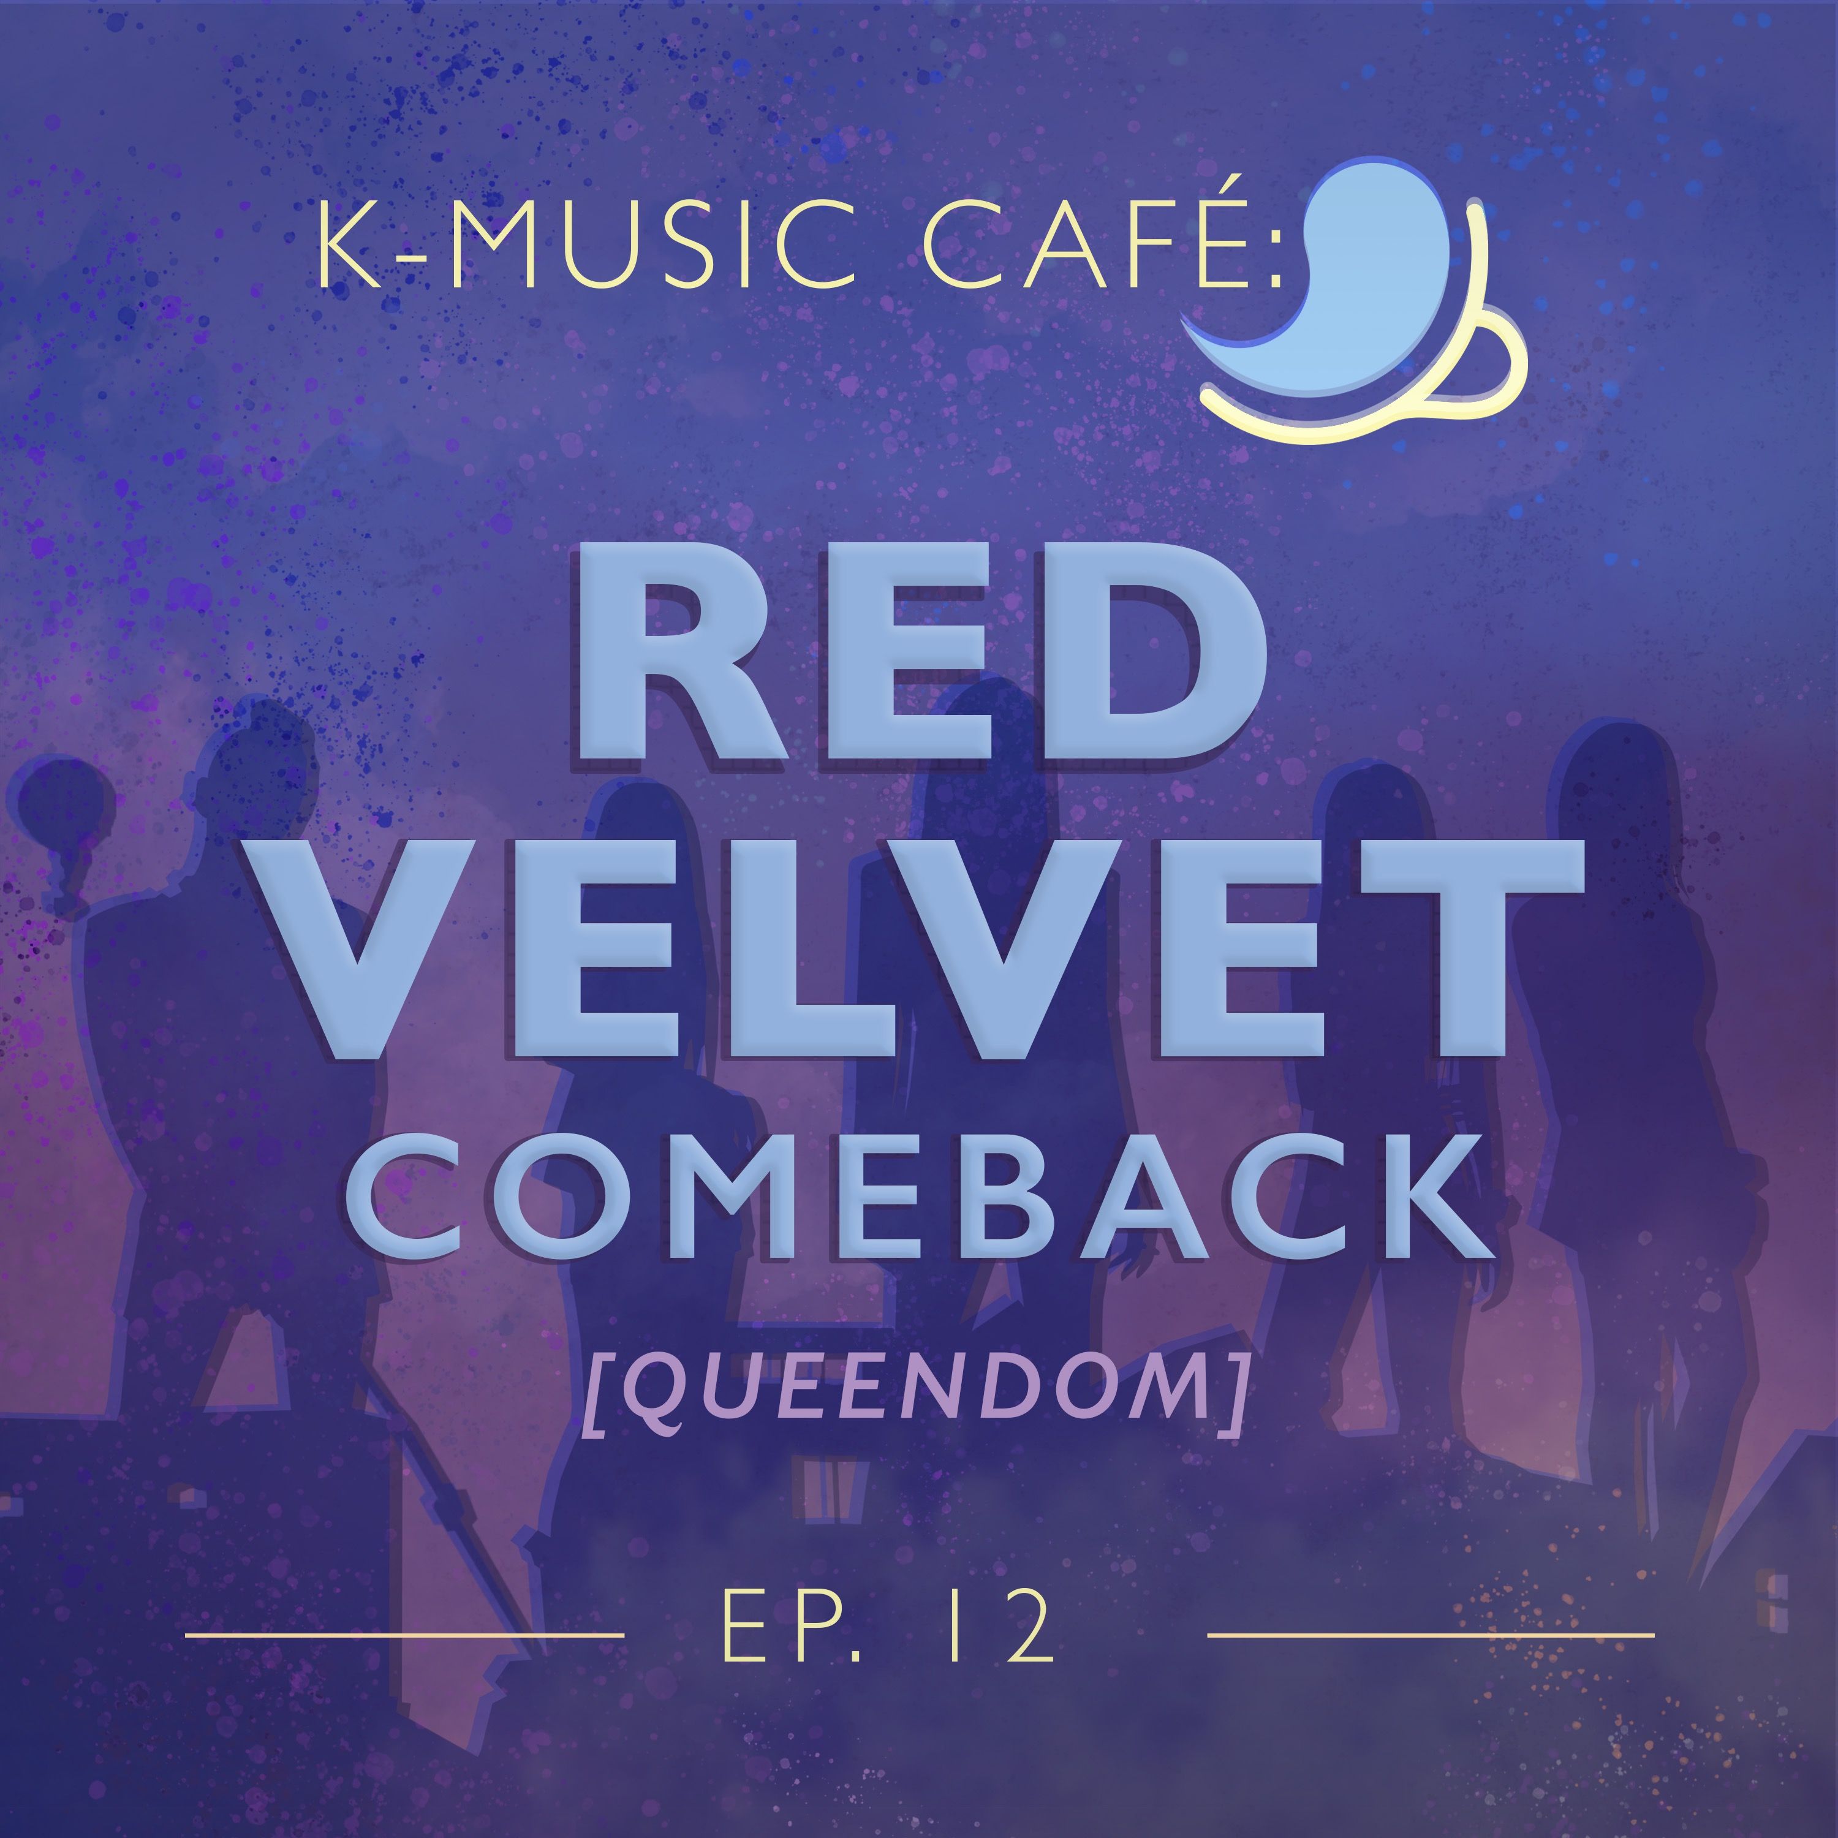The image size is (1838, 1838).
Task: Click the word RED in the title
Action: tap(921, 656)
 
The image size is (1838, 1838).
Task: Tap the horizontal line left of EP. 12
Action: tap(404, 1635)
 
